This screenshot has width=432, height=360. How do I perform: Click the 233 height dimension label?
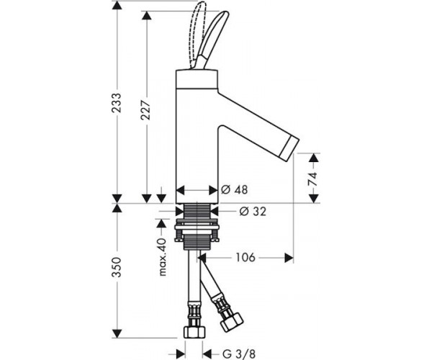tap(117, 103)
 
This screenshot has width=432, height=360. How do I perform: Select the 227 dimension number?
tap(145, 110)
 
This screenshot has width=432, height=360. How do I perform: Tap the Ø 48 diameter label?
tap(235, 189)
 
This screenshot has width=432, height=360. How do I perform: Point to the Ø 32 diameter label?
tap(253, 211)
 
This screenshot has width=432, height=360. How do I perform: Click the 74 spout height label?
tap(312, 179)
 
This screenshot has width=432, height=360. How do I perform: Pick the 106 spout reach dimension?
tap(246, 258)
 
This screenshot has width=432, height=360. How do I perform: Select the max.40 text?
tap(163, 257)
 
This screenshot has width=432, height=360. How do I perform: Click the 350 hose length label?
tap(117, 267)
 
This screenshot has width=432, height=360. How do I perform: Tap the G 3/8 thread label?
tap(238, 354)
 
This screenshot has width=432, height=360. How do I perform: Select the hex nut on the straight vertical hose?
tap(194, 333)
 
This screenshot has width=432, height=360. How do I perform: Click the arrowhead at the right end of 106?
tap(289, 258)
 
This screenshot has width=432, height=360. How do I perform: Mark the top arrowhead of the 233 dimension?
tap(117, 6)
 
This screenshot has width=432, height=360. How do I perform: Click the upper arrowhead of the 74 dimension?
tap(314, 158)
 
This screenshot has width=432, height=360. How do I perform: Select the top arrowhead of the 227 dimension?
tap(147, 16)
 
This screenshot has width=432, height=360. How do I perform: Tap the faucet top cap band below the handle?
tap(197, 79)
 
